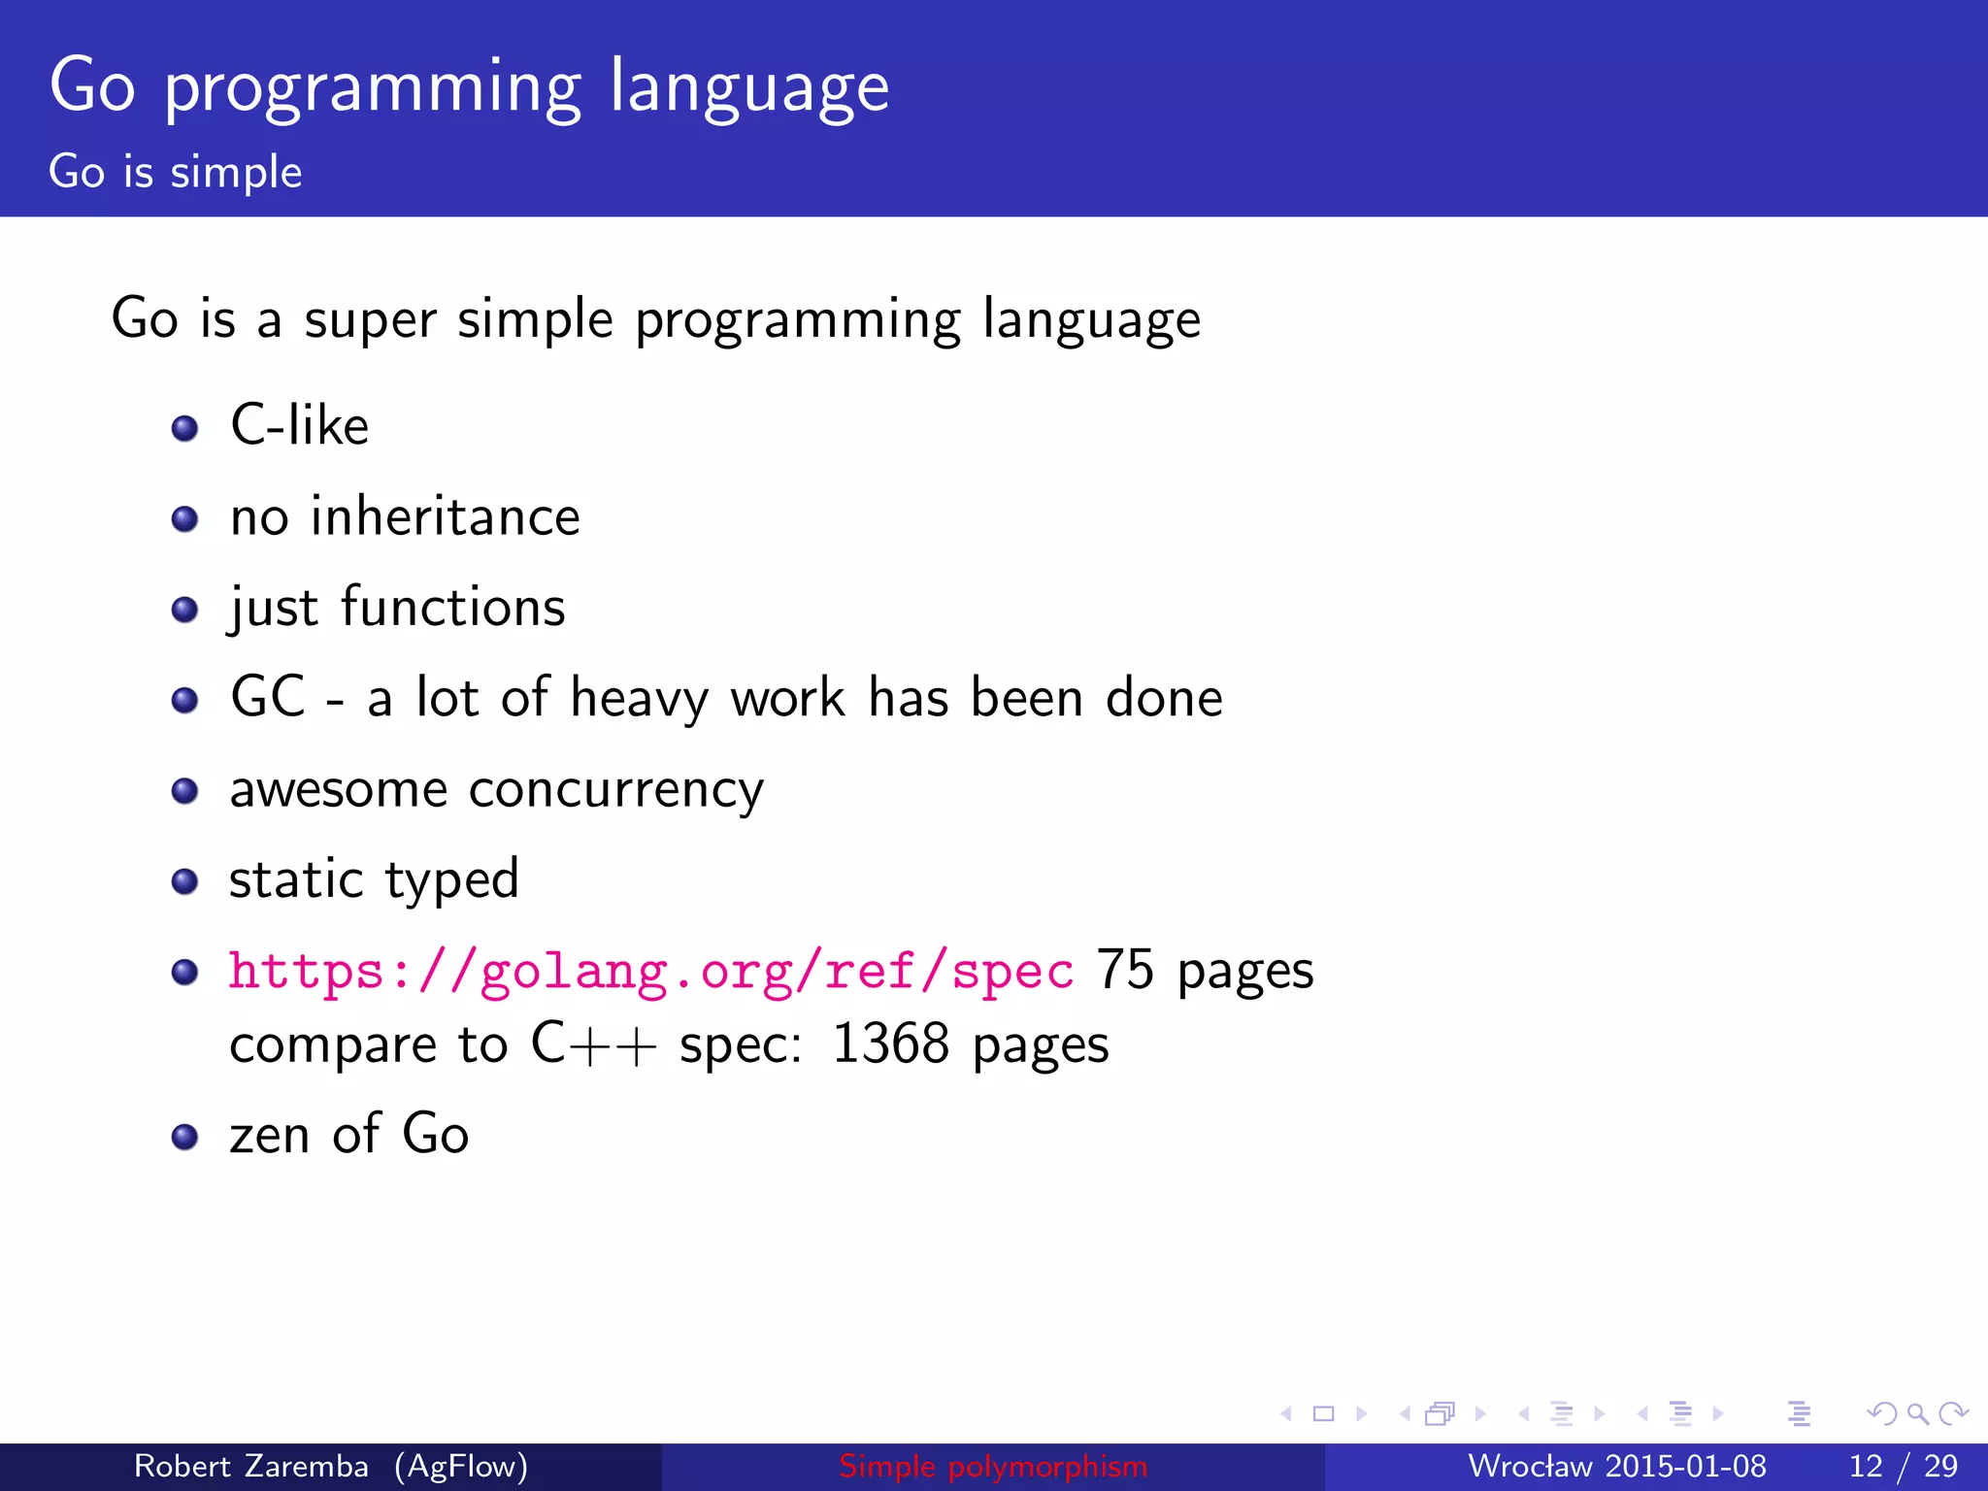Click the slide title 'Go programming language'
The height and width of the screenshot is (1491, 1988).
(x=469, y=87)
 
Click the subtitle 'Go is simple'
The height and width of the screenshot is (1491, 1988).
(x=176, y=172)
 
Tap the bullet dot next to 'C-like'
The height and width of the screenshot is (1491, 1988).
(x=184, y=428)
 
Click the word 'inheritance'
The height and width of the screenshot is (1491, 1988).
(x=445, y=516)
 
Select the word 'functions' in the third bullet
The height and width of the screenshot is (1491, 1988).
(x=452, y=608)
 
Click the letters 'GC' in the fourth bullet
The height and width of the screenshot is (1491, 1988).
(x=268, y=697)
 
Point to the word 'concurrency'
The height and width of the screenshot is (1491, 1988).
(x=615, y=789)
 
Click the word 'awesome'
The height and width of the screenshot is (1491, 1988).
(x=338, y=789)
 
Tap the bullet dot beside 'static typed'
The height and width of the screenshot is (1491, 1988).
(x=184, y=881)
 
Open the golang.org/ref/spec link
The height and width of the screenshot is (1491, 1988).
(x=650, y=971)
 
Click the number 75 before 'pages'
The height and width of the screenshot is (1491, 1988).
(x=1125, y=970)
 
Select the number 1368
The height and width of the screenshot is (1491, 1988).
(x=890, y=1044)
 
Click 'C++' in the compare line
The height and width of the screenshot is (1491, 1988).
(x=593, y=1044)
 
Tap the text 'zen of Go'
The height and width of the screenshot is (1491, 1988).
(x=349, y=1135)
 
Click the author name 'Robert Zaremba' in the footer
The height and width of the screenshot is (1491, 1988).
(x=250, y=1466)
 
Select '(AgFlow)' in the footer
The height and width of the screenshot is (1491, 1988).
(x=461, y=1466)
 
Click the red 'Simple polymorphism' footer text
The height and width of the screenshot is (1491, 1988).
(x=993, y=1466)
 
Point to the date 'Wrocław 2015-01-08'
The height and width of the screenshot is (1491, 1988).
(x=1616, y=1466)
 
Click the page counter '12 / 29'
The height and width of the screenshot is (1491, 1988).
(x=1903, y=1466)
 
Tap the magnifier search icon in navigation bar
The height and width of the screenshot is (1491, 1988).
(x=1917, y=1414)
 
